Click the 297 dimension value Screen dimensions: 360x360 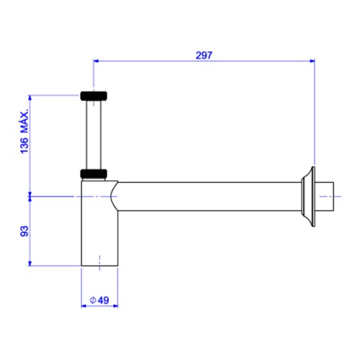pos(204,55)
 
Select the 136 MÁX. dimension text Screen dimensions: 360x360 pos(24,131)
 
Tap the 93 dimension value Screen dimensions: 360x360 pos(24,231)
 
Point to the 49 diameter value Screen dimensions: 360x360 pos(103,300)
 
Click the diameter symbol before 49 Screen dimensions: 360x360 pos(93,300)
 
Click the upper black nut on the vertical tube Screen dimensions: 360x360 pos(94,96)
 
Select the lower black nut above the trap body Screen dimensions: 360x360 pos(94,174)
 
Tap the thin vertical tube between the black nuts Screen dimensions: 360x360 pos(94,135)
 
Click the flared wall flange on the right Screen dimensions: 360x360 pos(309,197)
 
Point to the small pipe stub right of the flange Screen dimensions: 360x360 pos(325,197)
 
